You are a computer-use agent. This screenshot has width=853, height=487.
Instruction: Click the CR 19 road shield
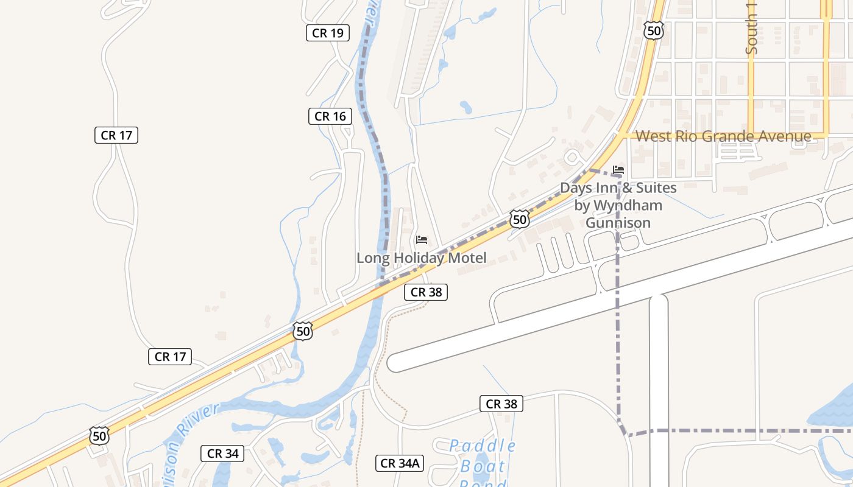(328, 33)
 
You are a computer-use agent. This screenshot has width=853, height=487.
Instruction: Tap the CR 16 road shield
(330, 116)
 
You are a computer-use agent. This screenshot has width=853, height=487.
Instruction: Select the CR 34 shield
(222, 454)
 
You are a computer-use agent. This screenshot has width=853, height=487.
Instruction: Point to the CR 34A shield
(400, 463)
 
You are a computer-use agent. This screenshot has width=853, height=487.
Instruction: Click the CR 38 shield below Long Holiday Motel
(426, 292)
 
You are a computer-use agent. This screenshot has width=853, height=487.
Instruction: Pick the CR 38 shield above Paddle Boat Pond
(501, 404)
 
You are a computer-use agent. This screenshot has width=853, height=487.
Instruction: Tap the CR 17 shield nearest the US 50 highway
(170, 357)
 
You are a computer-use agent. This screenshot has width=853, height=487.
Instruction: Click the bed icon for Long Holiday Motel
(421, 240)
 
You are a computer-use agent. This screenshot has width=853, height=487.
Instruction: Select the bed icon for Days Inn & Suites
(618, 169)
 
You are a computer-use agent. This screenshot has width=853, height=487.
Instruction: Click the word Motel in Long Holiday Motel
(466, 258)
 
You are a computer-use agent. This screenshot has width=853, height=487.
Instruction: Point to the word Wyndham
(628, 205)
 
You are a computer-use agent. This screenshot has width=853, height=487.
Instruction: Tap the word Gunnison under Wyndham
(618, 223)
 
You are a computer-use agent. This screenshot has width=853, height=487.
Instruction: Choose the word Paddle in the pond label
(483, 446)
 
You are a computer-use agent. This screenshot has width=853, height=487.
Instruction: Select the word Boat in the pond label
(483, 467)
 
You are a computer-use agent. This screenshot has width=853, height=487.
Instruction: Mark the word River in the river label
(199, 418)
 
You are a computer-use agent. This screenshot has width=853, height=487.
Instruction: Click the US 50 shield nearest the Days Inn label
(519, 219)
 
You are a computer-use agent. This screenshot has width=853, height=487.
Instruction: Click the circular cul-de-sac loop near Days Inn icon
(572, 158)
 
